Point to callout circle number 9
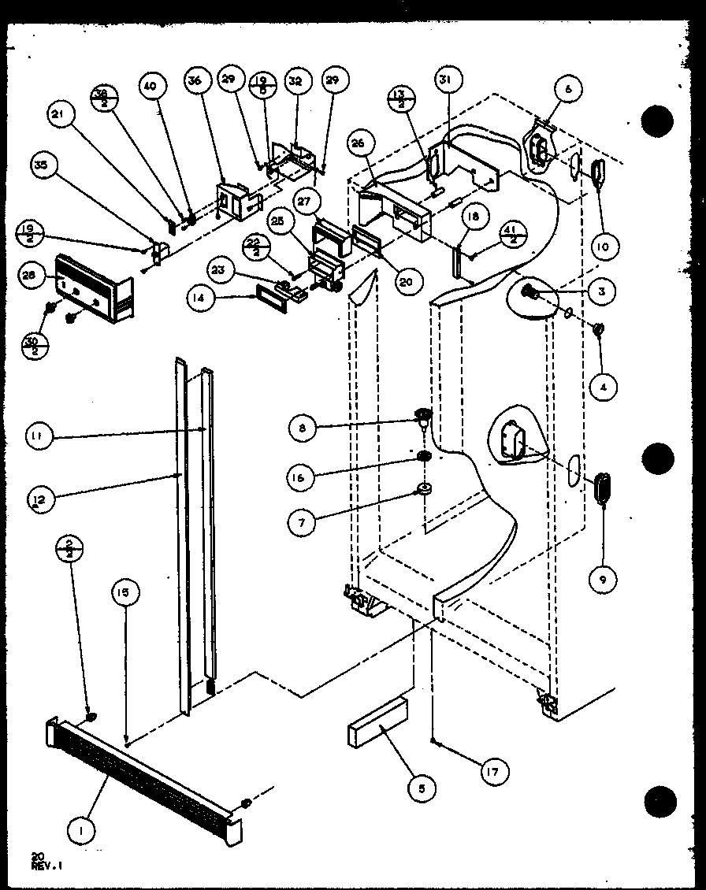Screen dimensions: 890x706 (x=603, y=580)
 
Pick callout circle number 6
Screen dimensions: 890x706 (x=569, y=89)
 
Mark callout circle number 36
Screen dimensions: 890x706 (x=195, y=81)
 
